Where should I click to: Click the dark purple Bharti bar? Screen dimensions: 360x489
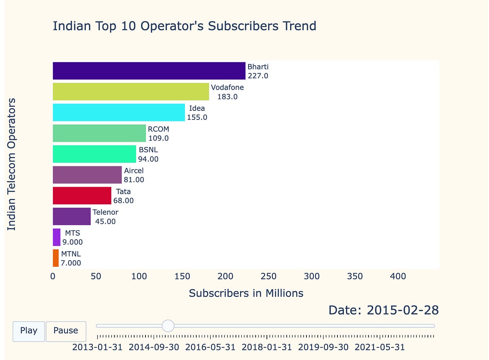pyautogui.click(x=149, y=71)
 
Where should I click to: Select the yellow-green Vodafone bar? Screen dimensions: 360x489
pyautogui.click(x=130, y=92)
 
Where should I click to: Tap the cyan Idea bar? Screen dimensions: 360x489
pyautogui.click(x=119, y=113)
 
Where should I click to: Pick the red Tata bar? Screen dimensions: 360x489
pyautogui.click(x=81, y=196)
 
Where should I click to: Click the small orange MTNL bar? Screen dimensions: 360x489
pyautogui.click(x=56, y=258)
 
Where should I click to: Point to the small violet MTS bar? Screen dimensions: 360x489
pyautogui.click(x=57, y=237)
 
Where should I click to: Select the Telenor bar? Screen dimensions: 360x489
pyautogui.click(x=71, y=216)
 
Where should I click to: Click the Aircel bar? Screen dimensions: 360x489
pyautogui.click(x=87, y=175)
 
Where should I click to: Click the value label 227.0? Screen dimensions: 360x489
pyautogui.click(x=258, y=76)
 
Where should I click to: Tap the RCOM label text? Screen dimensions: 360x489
pyautogui.click(x=159, y=129)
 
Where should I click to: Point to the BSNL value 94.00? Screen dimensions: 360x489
pyautogui.click(x=148, y=159)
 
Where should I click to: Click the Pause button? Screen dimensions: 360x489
pyautogui.click(x=66, y=331)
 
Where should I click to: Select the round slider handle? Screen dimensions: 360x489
pyautogui.click(x=168, y=326)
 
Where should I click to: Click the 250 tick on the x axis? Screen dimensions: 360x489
pyautogui.click(x=268, y=276)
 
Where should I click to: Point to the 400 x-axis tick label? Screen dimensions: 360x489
pyautogui.click(x=398, y=276)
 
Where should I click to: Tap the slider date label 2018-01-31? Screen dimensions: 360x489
pyautogui.click(x=267, y=347)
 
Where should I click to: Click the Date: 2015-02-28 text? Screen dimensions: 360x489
pyautogui.click(x=383, y=310)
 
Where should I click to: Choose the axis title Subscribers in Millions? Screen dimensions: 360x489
pyautogui.click(x=246, y=293)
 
